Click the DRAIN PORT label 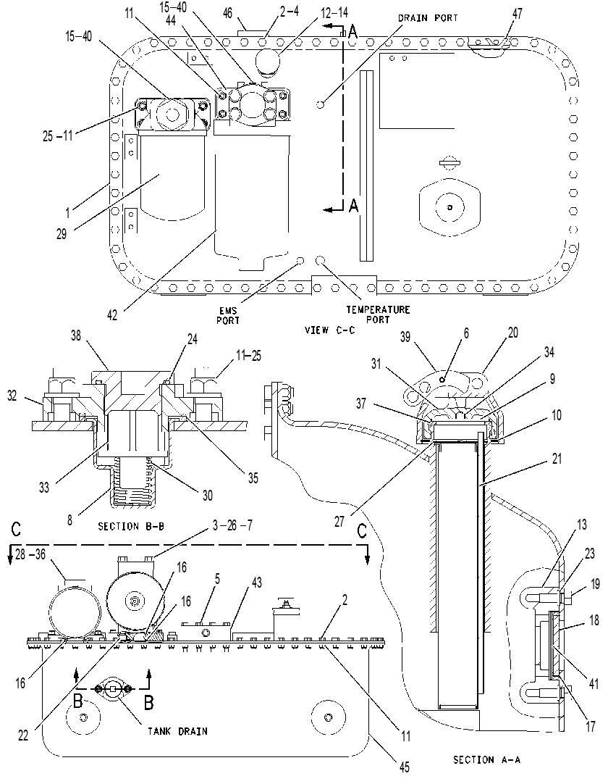[428, 18]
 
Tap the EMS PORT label [228, 315]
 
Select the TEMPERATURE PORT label [378, 314]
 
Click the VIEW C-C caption [330, 330]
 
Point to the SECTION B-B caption [132, 527]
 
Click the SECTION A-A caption [487, 760]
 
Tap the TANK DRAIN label [177, 732]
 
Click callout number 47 [517, 14]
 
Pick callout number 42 [112, 315]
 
